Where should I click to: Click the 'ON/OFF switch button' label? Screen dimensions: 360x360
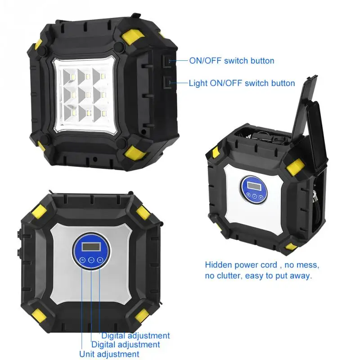click(232, 61)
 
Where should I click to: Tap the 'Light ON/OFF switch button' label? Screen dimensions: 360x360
click(242, 83)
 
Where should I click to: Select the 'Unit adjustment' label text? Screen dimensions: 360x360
click(109, 354)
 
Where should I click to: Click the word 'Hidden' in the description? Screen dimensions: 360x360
click(219, 265)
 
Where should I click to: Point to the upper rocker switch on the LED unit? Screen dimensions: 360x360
click(168, 61)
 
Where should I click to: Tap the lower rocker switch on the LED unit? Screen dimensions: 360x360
click(168, 82)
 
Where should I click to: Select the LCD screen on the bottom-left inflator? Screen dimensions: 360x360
click(91, 247)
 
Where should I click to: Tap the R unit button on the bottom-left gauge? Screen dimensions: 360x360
click(83, 260)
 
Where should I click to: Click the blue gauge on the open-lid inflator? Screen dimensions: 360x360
click(253, 189)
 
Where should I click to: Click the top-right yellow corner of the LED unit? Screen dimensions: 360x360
click(133, 36)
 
